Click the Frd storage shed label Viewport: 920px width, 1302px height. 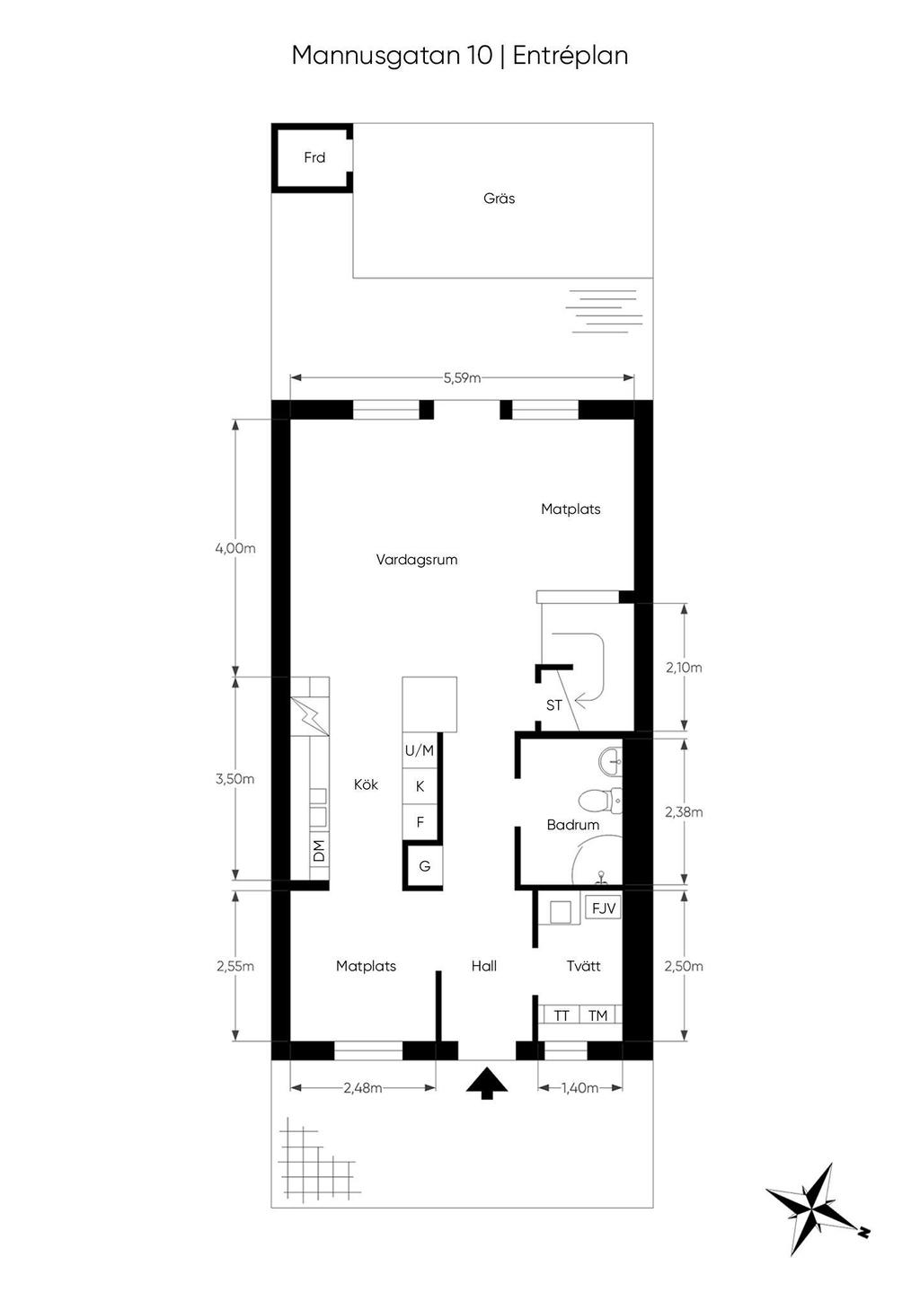(x=314, y=158)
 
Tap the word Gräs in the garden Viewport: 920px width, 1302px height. (x=499, y=199)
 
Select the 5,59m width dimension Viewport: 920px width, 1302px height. (x=462, y=378)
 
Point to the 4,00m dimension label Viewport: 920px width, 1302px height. (x=235, y=548)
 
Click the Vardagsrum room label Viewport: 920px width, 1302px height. (x=416, y=560)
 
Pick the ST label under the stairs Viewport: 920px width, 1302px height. (x=553, y=705)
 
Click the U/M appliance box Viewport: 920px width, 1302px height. (x=420, y=750)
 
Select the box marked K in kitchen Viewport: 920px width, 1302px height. (x=420, y=786)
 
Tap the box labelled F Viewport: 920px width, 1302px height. (x=420, y=822)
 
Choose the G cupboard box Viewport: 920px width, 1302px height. (x=424, y=866)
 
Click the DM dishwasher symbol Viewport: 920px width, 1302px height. (x=318, y=849)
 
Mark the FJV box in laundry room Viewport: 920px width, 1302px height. (x=604, y=908)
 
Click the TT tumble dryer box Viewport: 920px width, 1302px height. (x=562, y=1015)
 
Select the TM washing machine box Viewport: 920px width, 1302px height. (x=598, y=1015)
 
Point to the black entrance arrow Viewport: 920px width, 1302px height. (x=487, y=1084)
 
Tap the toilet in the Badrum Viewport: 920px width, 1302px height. (x=596, y=798)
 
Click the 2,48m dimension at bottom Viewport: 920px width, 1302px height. (x=362, y=1088)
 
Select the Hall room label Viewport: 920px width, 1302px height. (x=483, y=967)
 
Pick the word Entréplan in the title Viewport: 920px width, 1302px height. (x=570, y=56)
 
